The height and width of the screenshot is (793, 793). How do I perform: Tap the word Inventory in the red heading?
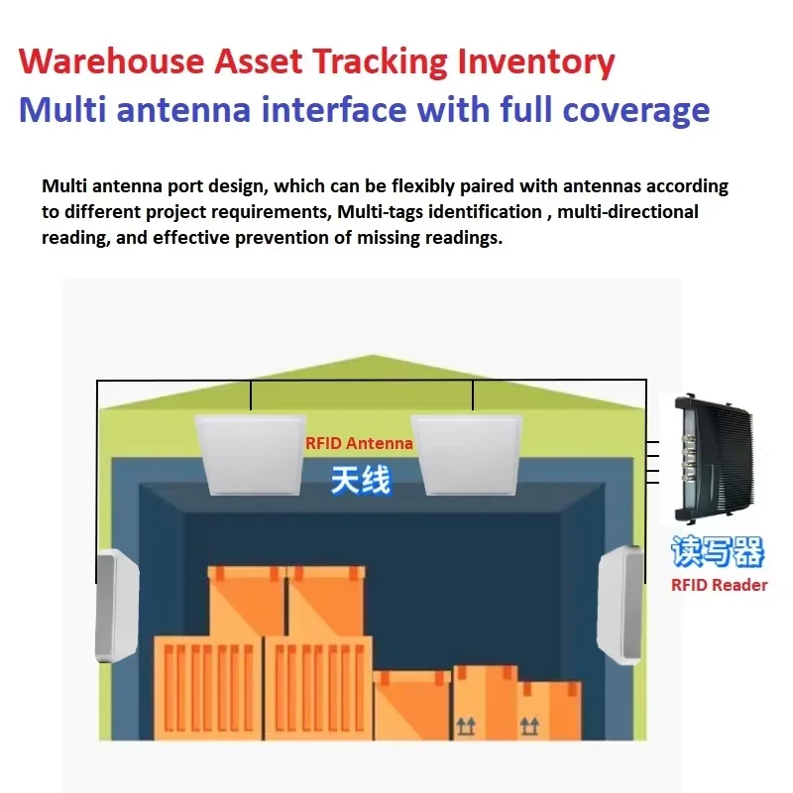pyautogui.click(x=534, y=61)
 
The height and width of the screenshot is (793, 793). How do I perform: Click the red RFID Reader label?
pyautogui.click(x=719, y=585)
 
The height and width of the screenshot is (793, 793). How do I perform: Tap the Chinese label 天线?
pyautogui.click(x=359, y=481)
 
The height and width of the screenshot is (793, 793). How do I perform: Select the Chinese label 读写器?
pyautogui.click(x=718, y=551)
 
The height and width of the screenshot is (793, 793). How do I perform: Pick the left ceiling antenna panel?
pyautogui.click(x=250, y=456)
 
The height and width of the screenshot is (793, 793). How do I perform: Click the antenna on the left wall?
pyautogui.click(x=118, y=607)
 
